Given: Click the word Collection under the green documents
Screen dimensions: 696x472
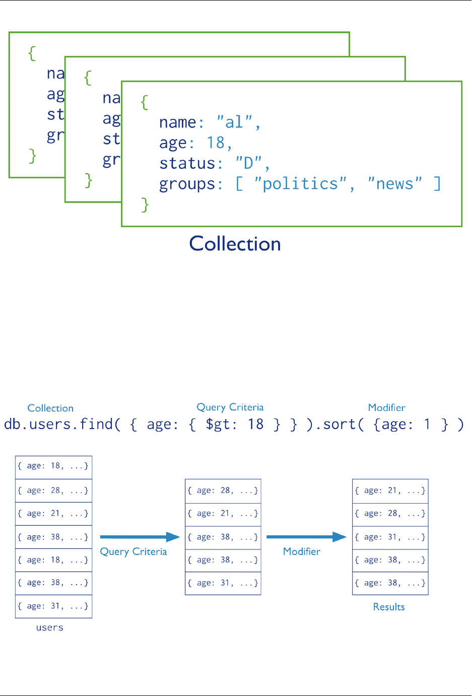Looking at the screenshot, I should coord(235,244).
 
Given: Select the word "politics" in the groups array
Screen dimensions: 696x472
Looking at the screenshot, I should coord(300,184).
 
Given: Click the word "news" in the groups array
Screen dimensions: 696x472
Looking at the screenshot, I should coord(394,184).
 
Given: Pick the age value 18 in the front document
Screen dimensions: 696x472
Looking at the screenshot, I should coord(216,143).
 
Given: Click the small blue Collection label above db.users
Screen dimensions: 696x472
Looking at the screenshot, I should coord(50,408).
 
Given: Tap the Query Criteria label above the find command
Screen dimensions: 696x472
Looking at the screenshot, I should coord(230,407).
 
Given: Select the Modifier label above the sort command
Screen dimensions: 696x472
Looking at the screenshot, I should coord(386,407).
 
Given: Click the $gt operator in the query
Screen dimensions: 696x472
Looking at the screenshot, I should coord(218,425).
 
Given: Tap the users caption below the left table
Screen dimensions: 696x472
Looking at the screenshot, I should coord(50,628).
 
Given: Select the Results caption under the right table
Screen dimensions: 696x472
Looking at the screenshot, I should coord(389,607).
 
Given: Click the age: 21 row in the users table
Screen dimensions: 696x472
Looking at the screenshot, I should coord(53,514).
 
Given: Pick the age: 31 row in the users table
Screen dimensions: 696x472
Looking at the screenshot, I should coord(53,606).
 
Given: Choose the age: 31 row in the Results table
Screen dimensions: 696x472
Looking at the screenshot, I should coord(390,537).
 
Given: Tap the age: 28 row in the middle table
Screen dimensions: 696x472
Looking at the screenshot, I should coord(223,491).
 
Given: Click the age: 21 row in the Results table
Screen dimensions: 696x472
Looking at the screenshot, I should coord(390,491).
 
